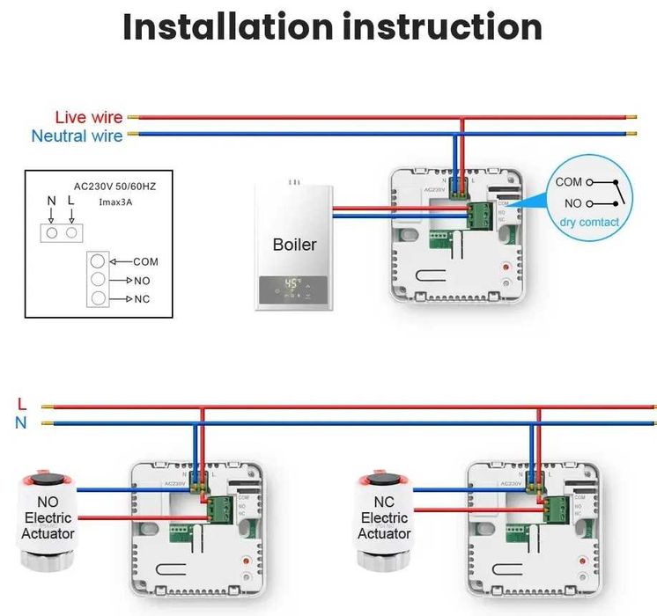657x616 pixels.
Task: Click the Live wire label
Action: [88, 117]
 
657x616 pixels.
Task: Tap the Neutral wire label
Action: [78, 136]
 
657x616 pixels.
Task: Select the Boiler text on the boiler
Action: [294, 245]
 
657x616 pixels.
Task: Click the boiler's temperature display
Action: [293, 286]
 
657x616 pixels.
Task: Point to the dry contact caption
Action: [589, 223]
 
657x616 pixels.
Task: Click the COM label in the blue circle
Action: [568, 182]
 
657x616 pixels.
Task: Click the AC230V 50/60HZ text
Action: [114, 186]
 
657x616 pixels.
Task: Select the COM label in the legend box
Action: [145, 261]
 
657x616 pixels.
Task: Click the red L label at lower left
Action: [22, 405]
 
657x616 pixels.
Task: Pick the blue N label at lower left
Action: [22, 423]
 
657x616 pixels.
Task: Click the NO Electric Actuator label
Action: [48, 518]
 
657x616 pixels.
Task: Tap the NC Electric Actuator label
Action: [385, 518]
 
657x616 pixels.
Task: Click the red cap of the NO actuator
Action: [49, 480]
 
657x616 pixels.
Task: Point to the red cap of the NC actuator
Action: [385, 480]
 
